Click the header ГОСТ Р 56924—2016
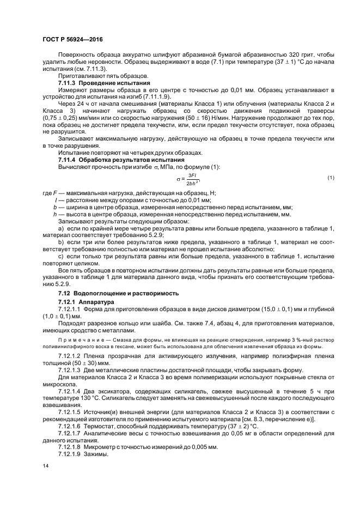[x=72, y=39]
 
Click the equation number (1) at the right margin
[x=330, y=178]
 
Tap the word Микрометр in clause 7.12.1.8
[x=106, y=447]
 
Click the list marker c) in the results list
[x=61, y=256]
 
